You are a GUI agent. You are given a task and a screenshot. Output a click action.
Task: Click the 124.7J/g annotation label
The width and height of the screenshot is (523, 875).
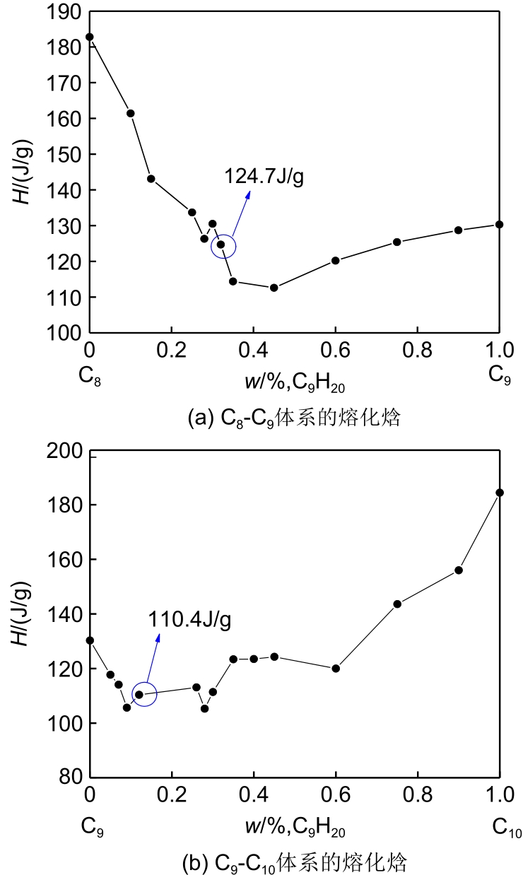pos(264,176)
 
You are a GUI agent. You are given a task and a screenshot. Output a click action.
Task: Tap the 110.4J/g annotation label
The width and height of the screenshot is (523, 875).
pos(189,620)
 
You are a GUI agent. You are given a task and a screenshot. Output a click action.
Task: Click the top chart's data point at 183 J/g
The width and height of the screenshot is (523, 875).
pos(90,37)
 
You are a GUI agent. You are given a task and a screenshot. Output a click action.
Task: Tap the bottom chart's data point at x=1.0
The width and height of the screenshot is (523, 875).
pos(500,493)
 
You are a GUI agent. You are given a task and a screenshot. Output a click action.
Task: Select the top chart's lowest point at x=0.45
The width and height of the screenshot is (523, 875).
pos(274,288)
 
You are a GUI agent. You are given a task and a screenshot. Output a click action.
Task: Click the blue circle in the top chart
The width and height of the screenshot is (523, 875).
pos(223,246)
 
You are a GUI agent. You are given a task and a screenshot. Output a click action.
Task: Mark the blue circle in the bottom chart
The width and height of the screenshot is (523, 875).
pos(144,695)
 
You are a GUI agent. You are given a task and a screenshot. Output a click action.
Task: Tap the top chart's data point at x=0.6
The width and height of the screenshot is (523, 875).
pos(336,260)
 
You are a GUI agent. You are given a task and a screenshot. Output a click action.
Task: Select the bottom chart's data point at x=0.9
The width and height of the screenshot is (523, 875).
pos(459,570)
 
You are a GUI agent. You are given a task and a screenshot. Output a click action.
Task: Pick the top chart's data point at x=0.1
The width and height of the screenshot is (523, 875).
pos(131,113)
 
